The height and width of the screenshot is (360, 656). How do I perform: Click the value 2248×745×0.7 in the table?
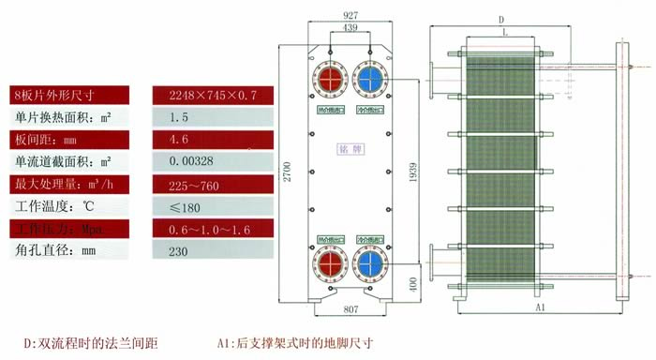pyautogui.click(x=207, y=96)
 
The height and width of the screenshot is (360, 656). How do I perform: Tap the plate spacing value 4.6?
pyautogui.click(x=177, y=140)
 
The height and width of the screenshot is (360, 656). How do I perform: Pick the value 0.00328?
pyautogui.click(x=190, y=161)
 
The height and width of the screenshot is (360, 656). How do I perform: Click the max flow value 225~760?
pyautogui.click(x=193, y=185)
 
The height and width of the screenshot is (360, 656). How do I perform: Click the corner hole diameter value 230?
pyautogui.click(x=178, y=251)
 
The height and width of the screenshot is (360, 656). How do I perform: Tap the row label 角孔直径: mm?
pyautogui.click(x=56, y=251)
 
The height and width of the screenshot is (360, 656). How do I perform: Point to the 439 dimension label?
pyautogui.click(x=350, y=29)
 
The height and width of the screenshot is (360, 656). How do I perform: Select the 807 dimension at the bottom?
pyautogui.click(x=350, y=308)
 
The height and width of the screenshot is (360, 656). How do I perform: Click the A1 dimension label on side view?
pyautogui.click(x=540, y=307)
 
